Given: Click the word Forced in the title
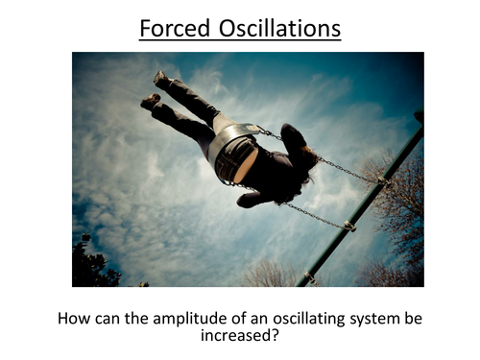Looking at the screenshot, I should point(171,28).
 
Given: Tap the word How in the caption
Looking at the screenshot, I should point(76,318).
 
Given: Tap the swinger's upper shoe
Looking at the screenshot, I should point(162,80).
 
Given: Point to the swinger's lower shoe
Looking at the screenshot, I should point(150,101).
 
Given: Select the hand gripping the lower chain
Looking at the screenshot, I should point(252,200).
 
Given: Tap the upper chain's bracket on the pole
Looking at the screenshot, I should point(383,180).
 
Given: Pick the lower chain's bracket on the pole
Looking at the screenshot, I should point(349,227).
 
